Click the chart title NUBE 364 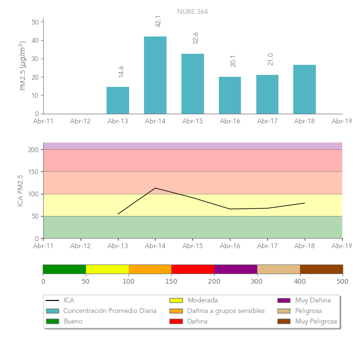tap(192, 12)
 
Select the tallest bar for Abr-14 tap(155, 75)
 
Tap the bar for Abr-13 tap(118, 100)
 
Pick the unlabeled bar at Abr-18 tap(304, 89)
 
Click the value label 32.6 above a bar tap(195, 38)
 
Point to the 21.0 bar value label tap(270, 59)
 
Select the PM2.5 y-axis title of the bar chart tap(23, 66)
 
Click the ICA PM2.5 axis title tap(20, 191)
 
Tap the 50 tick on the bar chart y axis tap(35, 22)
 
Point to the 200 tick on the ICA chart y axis tap(33, 150)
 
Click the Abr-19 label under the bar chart tap(342, 121)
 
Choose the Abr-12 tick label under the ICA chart tap(80, 246)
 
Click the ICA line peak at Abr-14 tap(155, 188)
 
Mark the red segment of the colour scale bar tap(192, 269)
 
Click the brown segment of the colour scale tap(321, 269)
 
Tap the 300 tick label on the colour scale tap(257, 281)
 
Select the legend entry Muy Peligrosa tap(316, 321)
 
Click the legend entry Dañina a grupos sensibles tap(226, 311)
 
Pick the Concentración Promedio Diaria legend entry tap(110, 311)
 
